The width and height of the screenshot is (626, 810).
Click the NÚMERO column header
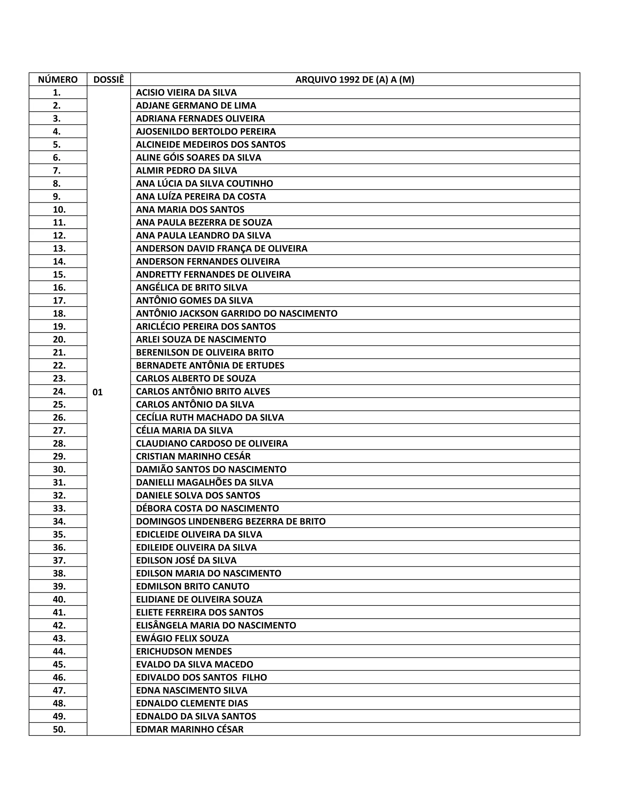[x=58, y=80]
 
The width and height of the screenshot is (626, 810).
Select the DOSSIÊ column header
[x=109, y=80]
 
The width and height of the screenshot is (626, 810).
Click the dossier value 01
[x=98, y=392]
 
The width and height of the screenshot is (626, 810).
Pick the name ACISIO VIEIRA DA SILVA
[x=186, y=93]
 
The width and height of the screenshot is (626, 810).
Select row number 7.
[x=57, y=171]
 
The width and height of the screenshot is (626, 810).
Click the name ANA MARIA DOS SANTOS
[x=190, y=210]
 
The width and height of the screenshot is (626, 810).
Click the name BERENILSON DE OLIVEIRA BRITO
[x=205, y=353]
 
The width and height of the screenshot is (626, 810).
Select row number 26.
[x=59, y=418]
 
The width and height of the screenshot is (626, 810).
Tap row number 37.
[x=59, y=560]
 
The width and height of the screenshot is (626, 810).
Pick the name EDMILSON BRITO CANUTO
[x=193, y=586]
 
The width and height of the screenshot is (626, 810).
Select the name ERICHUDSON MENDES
[x=184, y=651]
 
